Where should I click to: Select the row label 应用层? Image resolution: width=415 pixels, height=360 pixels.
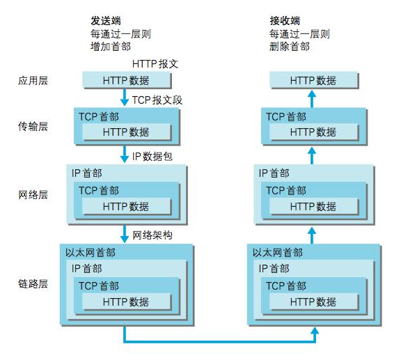(x=33, y=81)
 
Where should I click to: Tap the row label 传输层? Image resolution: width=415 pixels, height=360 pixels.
(x=33, y=126)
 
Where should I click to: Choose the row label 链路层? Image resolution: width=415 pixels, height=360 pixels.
(x=33, y=284)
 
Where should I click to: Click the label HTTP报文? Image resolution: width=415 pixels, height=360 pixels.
(x=155, y=63)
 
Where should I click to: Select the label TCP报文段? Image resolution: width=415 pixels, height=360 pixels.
(x=157, y=100)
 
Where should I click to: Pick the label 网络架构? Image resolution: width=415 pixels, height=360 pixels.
(x=152, y=235)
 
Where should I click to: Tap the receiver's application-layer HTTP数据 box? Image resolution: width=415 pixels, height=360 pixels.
(x=313, y=80)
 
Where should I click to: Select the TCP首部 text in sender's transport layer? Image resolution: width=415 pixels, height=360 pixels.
(x=98, y=116)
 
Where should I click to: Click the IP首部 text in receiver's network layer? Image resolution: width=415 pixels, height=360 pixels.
(x=274, y=173)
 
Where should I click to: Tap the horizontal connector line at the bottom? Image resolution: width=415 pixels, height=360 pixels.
(x=219, y=342)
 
